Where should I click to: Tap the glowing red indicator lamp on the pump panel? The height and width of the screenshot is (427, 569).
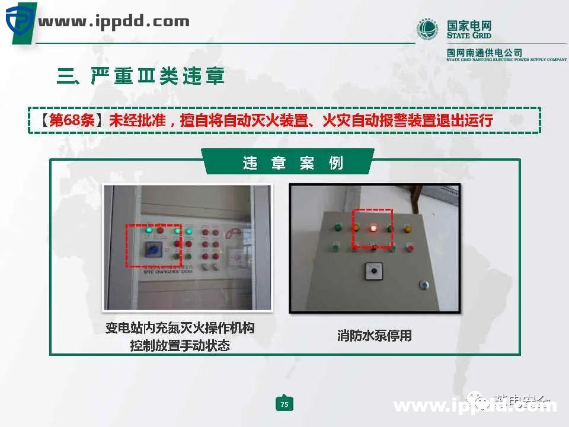373,227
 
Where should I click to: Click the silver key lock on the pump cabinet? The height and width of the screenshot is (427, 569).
424,285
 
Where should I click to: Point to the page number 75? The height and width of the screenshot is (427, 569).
284,404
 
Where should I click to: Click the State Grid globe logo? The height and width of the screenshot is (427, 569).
429,30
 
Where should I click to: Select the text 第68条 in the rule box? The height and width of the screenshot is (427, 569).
71,120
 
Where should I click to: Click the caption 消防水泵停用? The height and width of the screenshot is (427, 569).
374,336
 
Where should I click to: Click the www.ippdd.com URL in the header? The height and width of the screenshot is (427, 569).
114,23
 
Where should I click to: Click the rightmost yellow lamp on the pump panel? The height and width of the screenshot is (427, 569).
408,228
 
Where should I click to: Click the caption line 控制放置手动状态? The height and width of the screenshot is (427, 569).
180,345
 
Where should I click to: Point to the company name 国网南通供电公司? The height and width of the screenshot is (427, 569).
484,53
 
